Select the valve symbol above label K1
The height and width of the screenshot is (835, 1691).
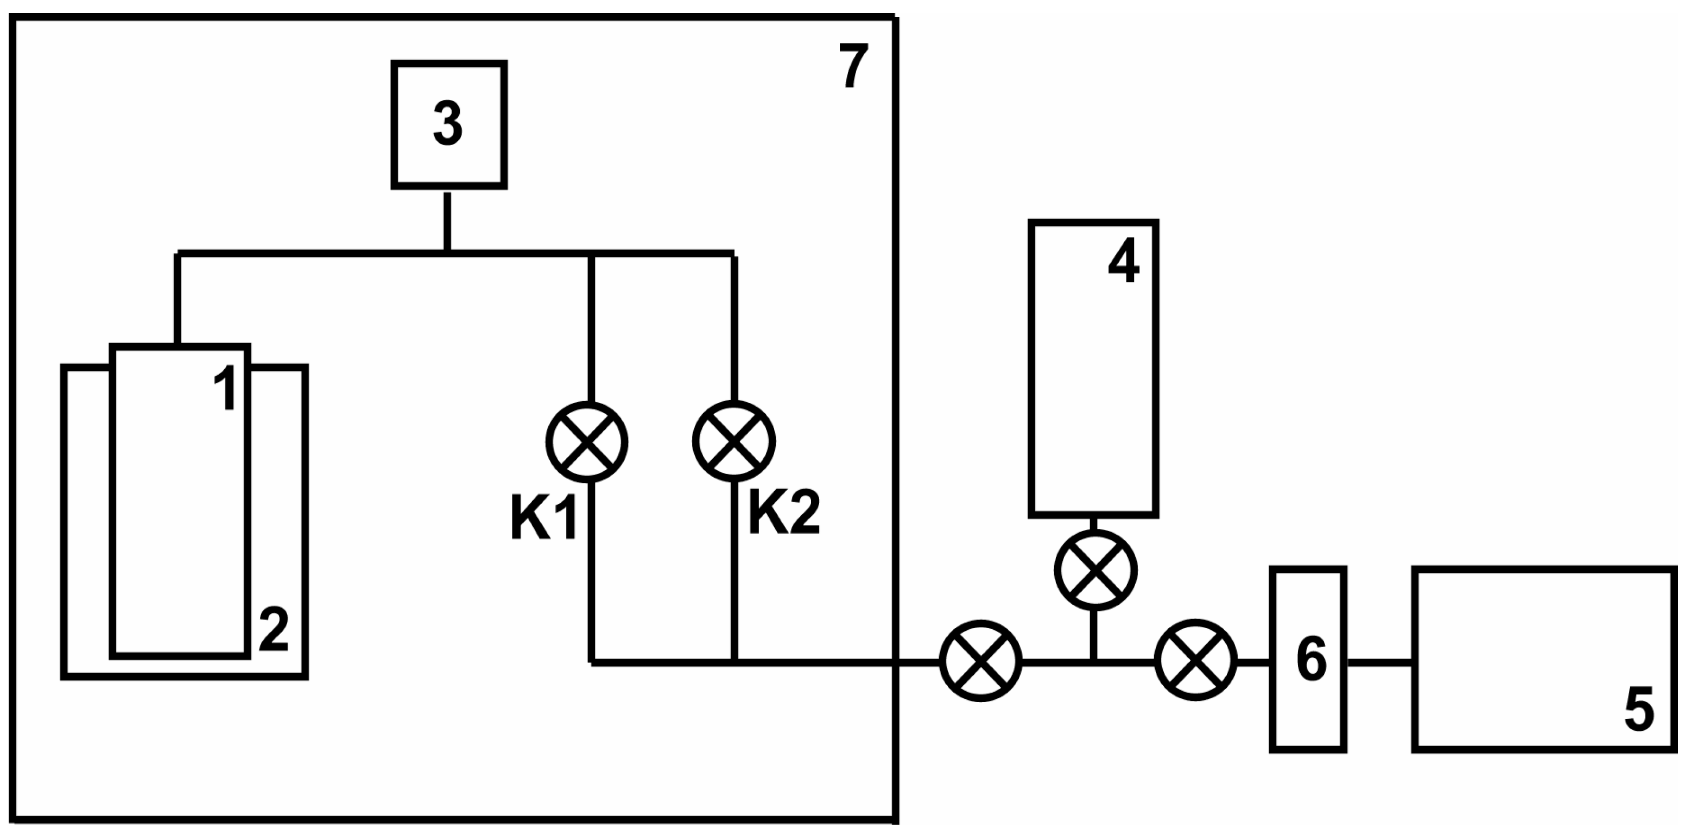coord(587,442)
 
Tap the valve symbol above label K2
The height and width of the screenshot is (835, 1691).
coord(734,442)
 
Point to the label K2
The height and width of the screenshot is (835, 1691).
coord(784,514)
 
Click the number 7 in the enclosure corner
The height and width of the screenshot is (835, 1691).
coord(853,65)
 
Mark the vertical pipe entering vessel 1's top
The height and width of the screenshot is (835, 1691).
coord(177,299)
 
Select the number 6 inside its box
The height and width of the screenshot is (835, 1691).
coord(1312,660)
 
